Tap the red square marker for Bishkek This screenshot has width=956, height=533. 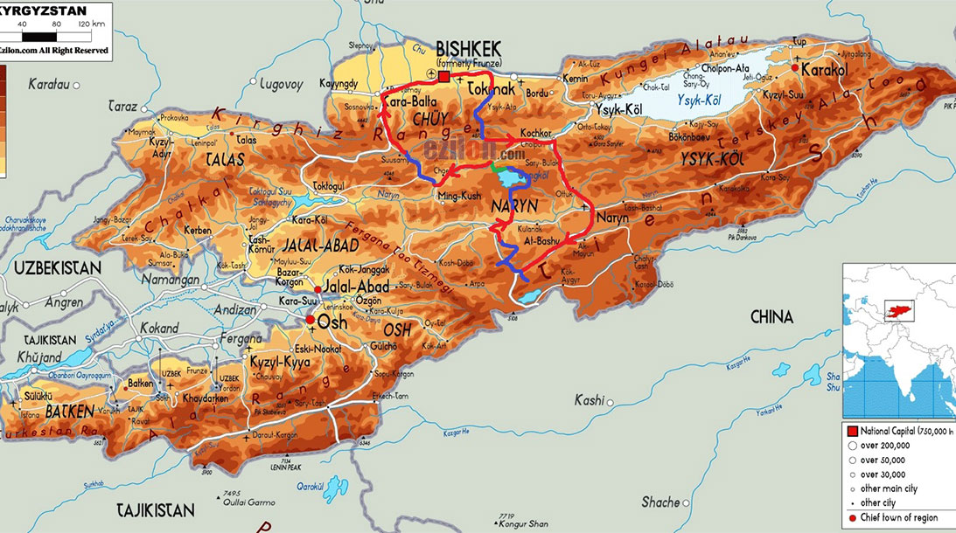[x=443, y=77]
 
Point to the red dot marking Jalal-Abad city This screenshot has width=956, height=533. [x=318, y=289]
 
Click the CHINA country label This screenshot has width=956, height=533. [x=771, y=316]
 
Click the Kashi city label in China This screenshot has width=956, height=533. [x=590, y=400]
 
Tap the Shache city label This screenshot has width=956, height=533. [x=660, y=502]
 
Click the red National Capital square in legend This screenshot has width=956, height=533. [x=852, y=431]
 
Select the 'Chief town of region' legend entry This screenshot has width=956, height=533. [x=897, y=517]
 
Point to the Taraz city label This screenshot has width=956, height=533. [x=122, y=106]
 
